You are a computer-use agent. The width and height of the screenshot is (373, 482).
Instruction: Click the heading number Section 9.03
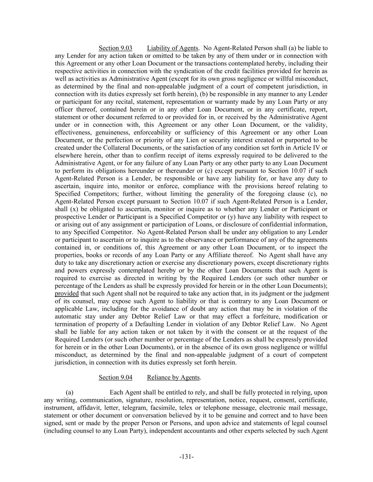coord(115,48)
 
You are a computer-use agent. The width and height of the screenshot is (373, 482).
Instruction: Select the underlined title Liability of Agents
coord(173,48)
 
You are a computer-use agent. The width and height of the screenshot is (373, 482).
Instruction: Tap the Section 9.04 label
coord(115,377)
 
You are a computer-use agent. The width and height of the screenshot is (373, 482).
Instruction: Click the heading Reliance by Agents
coord(173,377)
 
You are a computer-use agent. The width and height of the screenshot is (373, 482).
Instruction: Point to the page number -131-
coord(186,457)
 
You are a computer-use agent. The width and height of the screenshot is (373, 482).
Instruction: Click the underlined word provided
coord(66,293)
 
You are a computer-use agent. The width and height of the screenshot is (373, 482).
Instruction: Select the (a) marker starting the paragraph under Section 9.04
coord(69,393)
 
